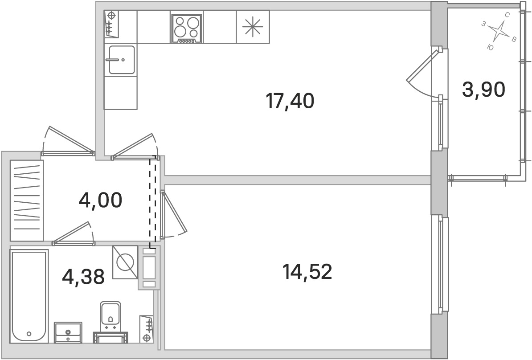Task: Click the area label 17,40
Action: [x=290, y=101]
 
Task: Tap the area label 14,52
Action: [x=307, y=272]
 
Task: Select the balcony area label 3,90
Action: [x=483, y=90]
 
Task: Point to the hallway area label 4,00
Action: [x=100, y=200]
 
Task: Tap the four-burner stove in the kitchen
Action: [x=186, y=29]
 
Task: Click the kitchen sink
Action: [x=122, y=60]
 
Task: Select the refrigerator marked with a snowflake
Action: [x=253, y=26]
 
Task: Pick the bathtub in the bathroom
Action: [x=29, y=297]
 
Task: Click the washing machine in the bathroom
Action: [x=125, y=262]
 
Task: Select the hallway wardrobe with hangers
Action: [x=27, y=200]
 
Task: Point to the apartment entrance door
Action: [x=68, y=141]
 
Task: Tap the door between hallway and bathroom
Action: [x=73, y=233]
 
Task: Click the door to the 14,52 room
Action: [x=173, y=214]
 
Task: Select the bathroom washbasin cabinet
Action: [x=68, y=332]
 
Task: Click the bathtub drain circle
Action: [x=29, y=334]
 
